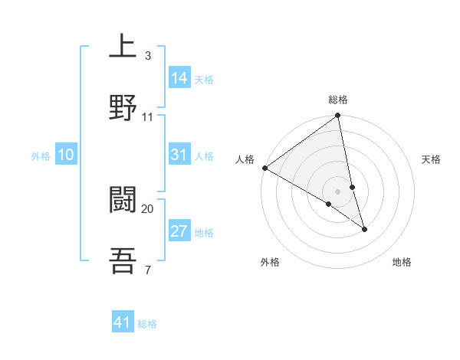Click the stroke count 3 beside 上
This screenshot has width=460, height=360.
click(x=147, y=56)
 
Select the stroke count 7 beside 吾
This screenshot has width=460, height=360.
click(x=147, y=269)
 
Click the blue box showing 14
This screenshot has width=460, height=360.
click(x=179, y=77)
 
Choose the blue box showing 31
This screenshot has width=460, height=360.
click(x=179, y=155)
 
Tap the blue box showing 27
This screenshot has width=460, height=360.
click(x=179, y=231)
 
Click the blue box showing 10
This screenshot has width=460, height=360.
click(x=66, y=155)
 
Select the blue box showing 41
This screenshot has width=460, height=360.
click(x=123, y=322)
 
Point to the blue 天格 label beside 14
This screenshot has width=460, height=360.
click(x=204, y=79)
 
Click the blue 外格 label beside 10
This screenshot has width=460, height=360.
click(x=41, y=156)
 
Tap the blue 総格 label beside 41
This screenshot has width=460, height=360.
click(x=147, y=324)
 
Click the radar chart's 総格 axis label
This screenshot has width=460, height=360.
click(x=338, y=100)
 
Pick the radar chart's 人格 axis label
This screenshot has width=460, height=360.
click(x=245, y=159)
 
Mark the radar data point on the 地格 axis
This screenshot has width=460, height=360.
click(x=364, y=229)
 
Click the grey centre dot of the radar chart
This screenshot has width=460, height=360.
click(x=338, y=191)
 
